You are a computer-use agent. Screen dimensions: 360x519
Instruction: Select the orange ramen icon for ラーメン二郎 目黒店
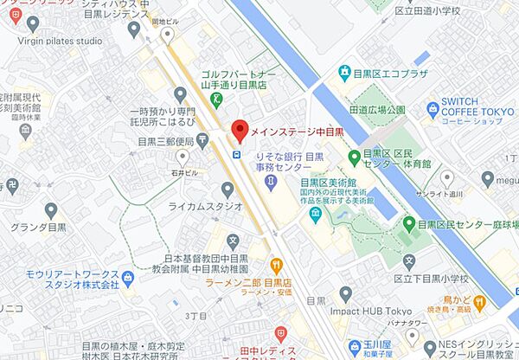tap(276, 264)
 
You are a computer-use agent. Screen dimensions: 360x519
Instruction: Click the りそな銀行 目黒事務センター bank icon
tap(271, 181)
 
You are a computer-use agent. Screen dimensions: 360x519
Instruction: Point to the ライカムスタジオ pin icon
tap(227, 190)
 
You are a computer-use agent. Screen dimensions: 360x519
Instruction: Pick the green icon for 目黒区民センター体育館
tap(353, 156)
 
